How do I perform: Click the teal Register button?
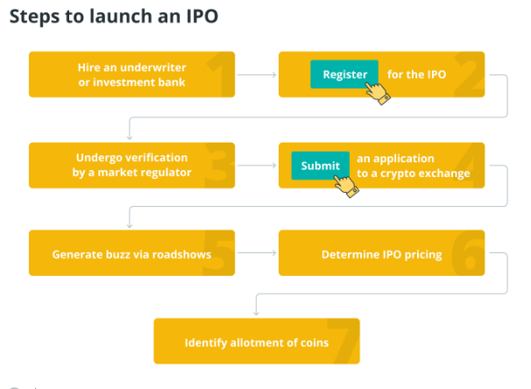coord(344,74)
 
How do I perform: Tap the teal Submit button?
coord(320,166)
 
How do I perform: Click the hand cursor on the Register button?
coord(378,93)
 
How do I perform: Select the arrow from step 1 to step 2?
coord(257,74)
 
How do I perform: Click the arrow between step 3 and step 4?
coord(257,166)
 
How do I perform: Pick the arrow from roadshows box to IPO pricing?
coord(257,252)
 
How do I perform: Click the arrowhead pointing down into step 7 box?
coord(257,313)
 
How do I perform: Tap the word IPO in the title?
coord(202,17)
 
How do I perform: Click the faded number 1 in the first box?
coord(220,74)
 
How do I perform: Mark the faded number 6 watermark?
coord(468,252)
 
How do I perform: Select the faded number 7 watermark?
coord(343,341)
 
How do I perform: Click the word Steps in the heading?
coord(34,17)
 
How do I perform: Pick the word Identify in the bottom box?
coord(206,343)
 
